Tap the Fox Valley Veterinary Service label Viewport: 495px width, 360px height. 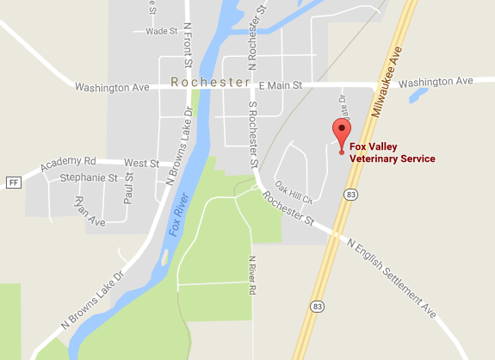pos(392,152)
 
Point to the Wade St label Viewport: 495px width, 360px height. pos(161,31)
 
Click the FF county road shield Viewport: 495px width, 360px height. pos(13,183)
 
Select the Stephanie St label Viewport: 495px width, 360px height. pos(89,178)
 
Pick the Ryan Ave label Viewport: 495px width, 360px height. pos(89,211)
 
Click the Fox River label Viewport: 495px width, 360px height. pos(177,217)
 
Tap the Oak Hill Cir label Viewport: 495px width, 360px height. pos(294,189)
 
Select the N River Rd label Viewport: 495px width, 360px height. pos(253,276)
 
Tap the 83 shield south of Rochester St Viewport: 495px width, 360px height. pos(319,307)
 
